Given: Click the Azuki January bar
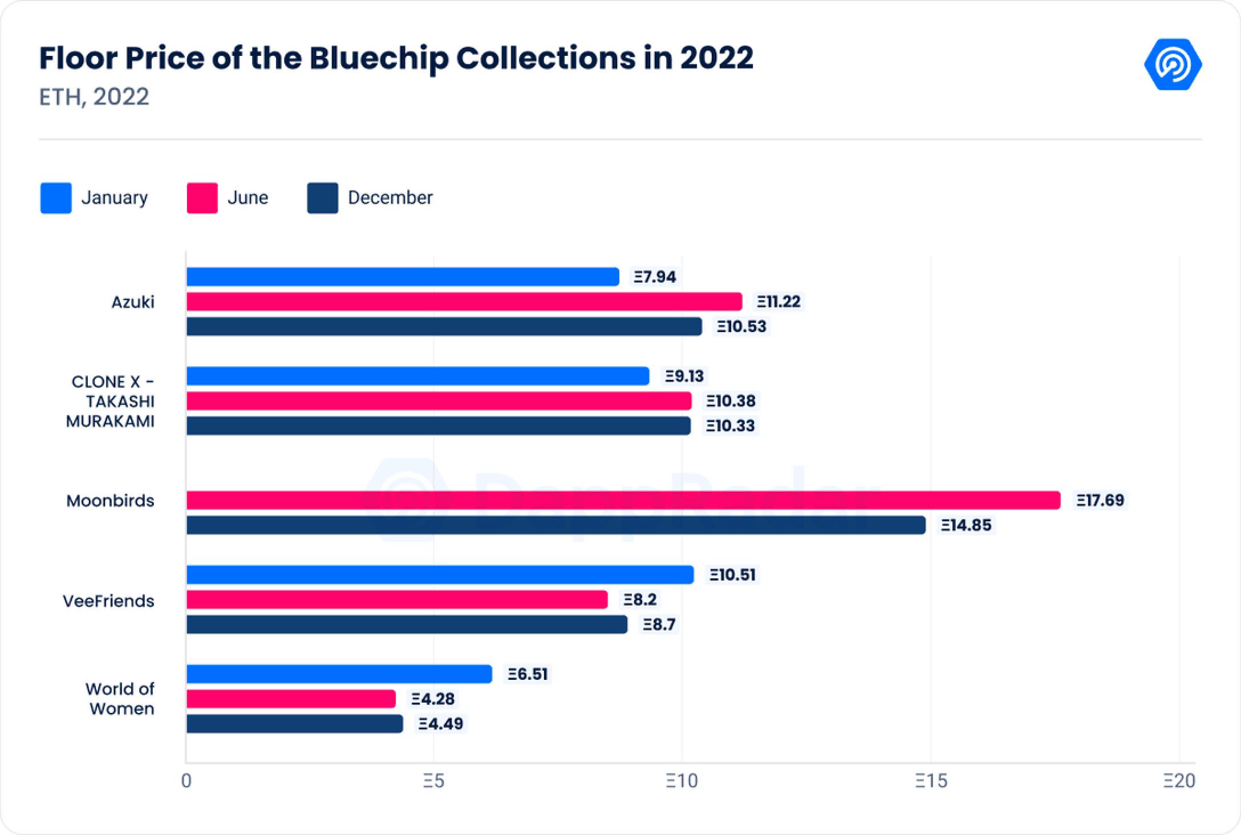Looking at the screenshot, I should (403, 277).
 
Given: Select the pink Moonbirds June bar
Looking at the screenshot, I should (623, 500).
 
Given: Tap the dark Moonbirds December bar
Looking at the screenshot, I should (555, 525).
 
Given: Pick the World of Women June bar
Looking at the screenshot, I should (291, 699).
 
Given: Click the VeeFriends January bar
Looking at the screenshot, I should (440, 574).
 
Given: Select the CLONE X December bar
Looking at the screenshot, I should (438, 425).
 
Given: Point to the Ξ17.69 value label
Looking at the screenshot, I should (1100, 500).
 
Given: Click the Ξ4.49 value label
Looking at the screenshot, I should (441, 724).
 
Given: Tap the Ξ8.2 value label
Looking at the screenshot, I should (640, 599).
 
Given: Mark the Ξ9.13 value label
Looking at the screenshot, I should (684, 376).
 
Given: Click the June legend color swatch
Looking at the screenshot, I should (202, 198).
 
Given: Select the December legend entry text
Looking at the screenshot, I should (390, 198).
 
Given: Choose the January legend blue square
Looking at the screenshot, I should (56, 198).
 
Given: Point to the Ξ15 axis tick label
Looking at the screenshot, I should (931, 781).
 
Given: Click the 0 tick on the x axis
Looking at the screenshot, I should (186, 781).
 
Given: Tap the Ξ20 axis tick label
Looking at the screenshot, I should (1179, 781).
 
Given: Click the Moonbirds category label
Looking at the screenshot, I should (110, 501).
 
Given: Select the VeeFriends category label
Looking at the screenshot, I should (108, 601).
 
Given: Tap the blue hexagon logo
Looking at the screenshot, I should (1173, 64).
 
